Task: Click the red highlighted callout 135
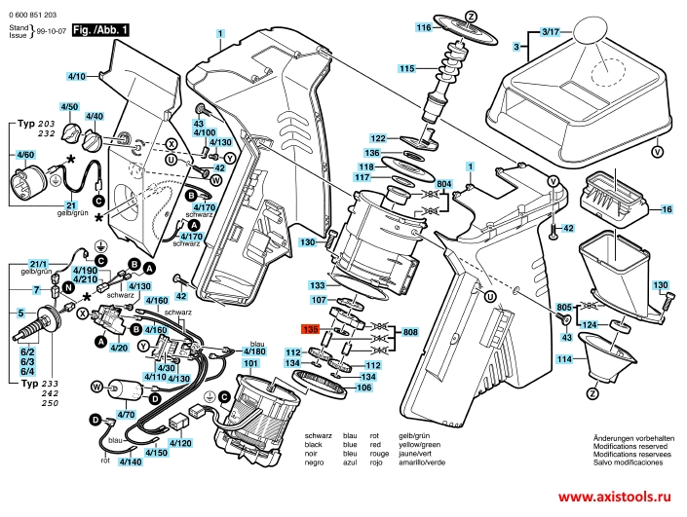[311, 330]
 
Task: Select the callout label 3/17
[551, 32]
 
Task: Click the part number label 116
[424, 28]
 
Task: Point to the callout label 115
[406, 67]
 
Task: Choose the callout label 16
[668, 209]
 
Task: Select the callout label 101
[251, 363]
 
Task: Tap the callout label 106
[363, 388]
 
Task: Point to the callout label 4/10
[77, 75]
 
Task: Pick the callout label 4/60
[24, 155]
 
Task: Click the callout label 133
[318, 285]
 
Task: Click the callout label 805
[563, 308]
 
